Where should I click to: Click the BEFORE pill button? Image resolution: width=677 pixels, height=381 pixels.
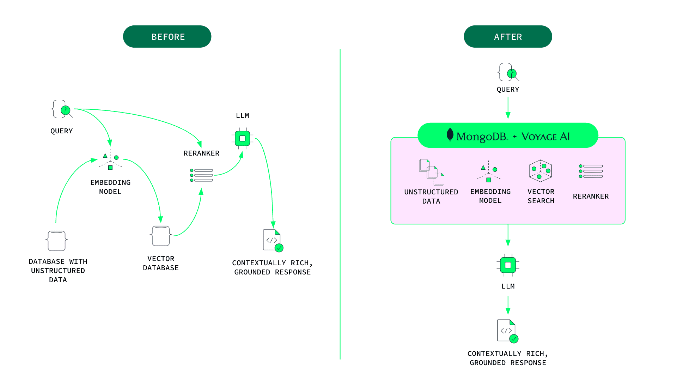click(x=167, y=37)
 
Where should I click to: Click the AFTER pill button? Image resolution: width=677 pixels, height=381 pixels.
click(x=508, y=37)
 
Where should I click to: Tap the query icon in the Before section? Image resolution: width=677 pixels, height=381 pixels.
click(x=62, y=109)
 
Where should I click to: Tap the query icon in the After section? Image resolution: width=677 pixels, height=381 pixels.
click(x=508, y=73)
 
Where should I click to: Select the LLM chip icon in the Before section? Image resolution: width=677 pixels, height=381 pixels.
click(x=242, y=138)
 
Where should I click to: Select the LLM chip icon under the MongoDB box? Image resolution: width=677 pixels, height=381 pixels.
click(x=508, y=265)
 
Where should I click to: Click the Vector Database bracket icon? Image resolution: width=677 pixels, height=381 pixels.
click(x=161, y=236)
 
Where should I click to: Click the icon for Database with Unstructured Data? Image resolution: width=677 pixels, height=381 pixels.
click(x=57, y=241)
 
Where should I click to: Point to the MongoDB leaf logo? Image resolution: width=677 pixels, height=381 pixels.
click(x=450, y=135)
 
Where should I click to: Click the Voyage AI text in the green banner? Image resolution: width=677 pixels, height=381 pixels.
click(x=545, y=137)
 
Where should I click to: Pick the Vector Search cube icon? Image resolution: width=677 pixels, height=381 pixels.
click(x=540, y=171)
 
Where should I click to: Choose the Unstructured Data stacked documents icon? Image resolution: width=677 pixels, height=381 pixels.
click(x=431, y=172)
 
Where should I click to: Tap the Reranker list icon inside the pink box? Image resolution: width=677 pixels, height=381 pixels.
click(x=591, y=171)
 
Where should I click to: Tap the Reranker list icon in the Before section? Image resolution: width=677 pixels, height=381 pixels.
click(x=201, y=175)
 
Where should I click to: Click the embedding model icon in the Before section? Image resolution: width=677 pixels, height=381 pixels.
click(x=110, y=161)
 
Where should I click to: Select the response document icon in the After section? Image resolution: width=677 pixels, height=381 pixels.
click(x=507, y=331)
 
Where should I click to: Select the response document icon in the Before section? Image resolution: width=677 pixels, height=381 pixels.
click(x=273, y=241)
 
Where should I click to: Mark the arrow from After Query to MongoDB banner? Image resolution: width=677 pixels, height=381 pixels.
click(x=508, y=108)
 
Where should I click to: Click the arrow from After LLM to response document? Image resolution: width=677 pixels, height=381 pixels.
click(x=508, y=306)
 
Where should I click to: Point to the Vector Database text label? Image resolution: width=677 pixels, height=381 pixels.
click(x=161, y=263)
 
